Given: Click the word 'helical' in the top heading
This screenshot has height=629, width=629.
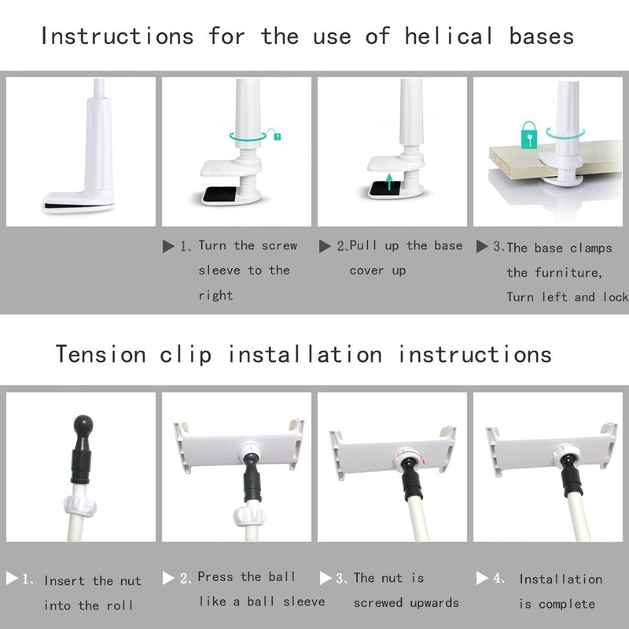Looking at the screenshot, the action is [x=448, y=36].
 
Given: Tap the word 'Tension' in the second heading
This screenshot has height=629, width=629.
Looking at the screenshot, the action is [x=101, y=355].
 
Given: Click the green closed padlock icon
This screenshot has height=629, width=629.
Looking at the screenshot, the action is [x=529, y=135].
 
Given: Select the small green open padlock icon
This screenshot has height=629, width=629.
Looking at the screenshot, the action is [x=274, y=134].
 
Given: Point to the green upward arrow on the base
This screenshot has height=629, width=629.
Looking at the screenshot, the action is [x=388, y=182].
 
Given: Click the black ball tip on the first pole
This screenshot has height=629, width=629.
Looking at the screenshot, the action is [x=83, y=423].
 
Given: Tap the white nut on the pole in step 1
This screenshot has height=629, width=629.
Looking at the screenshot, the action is [x=80, y=506].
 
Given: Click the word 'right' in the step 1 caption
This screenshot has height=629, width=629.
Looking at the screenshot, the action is [x=215, y=296].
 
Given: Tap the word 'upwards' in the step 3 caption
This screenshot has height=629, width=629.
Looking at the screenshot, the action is [x=434, y=603].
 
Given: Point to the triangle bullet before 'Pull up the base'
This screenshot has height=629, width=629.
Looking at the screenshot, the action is [x=325, y=246].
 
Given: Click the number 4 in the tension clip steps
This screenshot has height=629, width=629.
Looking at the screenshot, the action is [x=498, y=578].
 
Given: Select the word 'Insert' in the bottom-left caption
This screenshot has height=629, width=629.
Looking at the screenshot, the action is [x=64, y=580].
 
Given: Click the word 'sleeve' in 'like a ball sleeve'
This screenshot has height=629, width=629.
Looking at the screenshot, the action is [x=304, y=601].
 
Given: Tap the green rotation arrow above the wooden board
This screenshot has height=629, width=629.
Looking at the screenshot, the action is [x=565, y=133].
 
